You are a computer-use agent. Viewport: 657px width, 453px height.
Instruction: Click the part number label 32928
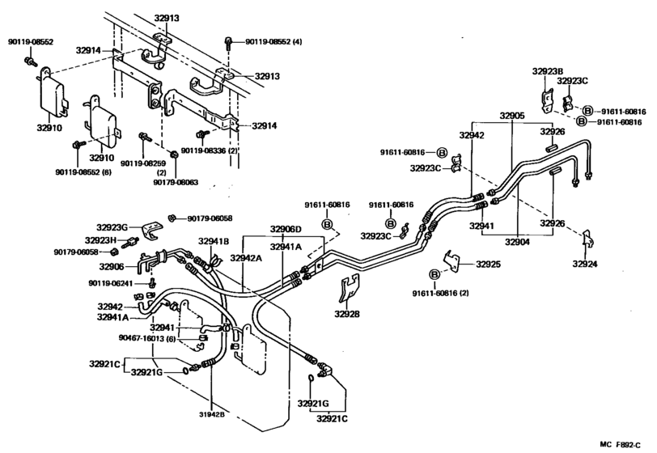click(349, 313)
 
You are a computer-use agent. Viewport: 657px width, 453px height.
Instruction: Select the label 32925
click(488, 264)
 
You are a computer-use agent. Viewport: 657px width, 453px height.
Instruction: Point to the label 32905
click(511, 116)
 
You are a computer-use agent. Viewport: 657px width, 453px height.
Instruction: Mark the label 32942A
click(245, 256)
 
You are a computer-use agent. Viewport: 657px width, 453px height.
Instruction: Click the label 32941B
click(215, 240)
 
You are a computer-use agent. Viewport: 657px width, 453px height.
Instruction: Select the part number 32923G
click(112, 227)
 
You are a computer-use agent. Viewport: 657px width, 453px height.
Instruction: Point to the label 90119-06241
click(111, 282)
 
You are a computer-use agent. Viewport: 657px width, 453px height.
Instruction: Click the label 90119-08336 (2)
click(209, 150)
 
